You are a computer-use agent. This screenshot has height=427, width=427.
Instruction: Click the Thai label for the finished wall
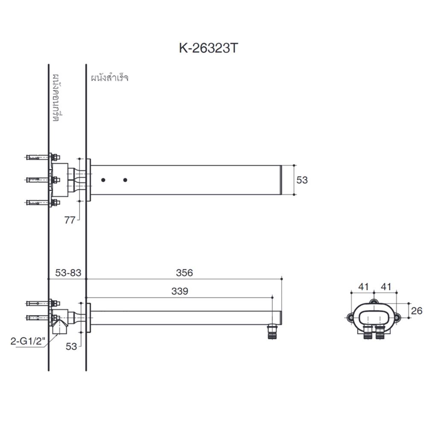coord(110,78)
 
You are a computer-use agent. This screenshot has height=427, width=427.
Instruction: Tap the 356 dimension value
coord(184,272)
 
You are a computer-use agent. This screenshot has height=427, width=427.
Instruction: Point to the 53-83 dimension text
coord(68,272)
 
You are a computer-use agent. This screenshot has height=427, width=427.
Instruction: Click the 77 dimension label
coord(70,220)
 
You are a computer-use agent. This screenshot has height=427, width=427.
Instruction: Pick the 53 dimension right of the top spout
coord(302,180)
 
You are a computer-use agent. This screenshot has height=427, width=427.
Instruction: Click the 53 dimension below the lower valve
coord(71,346)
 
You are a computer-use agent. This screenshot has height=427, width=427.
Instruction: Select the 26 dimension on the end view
coord(416,310)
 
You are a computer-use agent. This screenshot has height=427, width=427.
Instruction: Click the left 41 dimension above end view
coord(363,287)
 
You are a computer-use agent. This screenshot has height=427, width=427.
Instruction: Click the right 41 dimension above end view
coord(386,287)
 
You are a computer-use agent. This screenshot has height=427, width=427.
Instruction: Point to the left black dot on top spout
coord(103,180)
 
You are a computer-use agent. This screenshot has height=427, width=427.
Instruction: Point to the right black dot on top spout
coord(125,180)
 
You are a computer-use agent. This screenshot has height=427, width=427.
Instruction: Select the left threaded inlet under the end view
coord(367,333)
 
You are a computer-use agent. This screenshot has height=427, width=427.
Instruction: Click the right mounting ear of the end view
coord(398,317)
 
